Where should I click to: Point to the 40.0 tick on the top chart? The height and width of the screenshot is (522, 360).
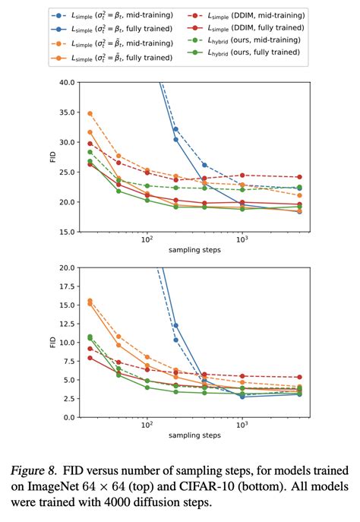[x=64, y=82]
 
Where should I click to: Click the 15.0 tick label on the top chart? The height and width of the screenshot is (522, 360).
[x=64, y=232]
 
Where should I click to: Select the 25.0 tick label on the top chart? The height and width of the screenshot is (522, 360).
[x=64, y=172]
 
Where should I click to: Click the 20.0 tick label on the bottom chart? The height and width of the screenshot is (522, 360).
[x=64, y=268]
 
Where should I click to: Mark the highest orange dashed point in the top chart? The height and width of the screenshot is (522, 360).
[x=90, y=113]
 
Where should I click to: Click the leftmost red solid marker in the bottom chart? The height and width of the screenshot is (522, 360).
[x=90, y=357]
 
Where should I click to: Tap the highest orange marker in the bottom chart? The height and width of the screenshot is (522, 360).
[x=90, y=301]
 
